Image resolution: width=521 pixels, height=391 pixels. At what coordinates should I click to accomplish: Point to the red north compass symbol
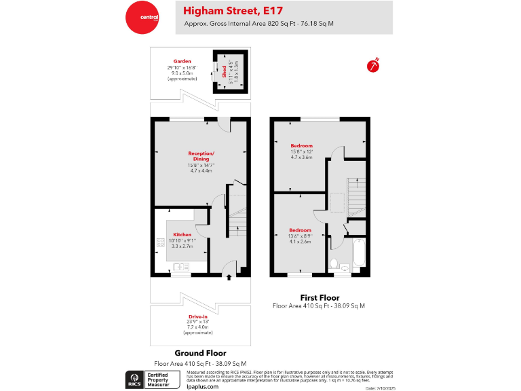(372, 65)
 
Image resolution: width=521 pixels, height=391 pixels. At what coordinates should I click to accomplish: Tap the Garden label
(182, 61)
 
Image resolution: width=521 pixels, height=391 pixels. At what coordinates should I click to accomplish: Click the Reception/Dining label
(200, 155)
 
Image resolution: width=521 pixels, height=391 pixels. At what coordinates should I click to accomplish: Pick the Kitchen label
(182, 234)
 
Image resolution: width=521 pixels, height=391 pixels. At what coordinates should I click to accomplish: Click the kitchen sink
(182, 267)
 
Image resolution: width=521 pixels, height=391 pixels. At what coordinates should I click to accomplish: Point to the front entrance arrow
(229, 276)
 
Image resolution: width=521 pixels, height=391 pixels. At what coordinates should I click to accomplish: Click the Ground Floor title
(200, 353)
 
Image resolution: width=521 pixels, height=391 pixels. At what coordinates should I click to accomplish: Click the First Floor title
(320, 297)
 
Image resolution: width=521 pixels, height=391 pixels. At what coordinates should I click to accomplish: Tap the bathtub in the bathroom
(360, 254)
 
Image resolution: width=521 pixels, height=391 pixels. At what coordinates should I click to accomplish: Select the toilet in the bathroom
(334, 262)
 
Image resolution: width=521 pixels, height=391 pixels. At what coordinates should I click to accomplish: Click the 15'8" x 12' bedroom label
(301, 146)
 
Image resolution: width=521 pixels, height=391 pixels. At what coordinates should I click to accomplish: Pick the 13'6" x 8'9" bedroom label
(300, 230)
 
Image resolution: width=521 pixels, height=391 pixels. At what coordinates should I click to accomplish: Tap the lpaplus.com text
(202, 386)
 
